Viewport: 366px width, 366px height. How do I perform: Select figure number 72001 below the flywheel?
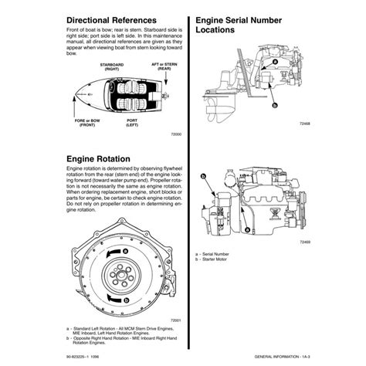[x=175, y=320]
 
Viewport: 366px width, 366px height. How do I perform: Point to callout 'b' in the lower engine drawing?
[x=202, y=177]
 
